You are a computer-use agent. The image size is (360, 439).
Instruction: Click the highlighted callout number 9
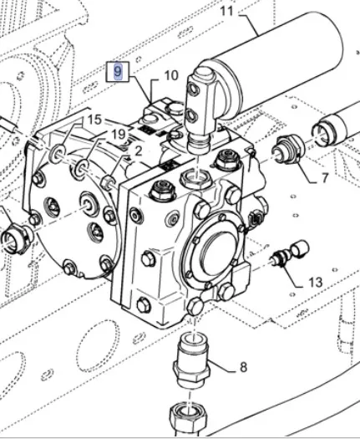(x=118, y=72)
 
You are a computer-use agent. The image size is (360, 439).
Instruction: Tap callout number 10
(x=171, y=75)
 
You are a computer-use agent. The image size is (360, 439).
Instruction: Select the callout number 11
(x=226, y=12)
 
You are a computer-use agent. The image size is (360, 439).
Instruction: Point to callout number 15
(x=94, y=120)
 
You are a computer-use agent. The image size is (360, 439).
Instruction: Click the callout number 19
(x=119, y=135)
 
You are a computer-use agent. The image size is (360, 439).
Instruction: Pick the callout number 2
(x=139, y=151)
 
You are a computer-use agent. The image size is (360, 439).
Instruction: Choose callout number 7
(x=324, y=178)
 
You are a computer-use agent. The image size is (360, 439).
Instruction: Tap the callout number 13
(x=315, y=283)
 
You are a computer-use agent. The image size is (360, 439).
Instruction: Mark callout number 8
(x=243, y=367)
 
